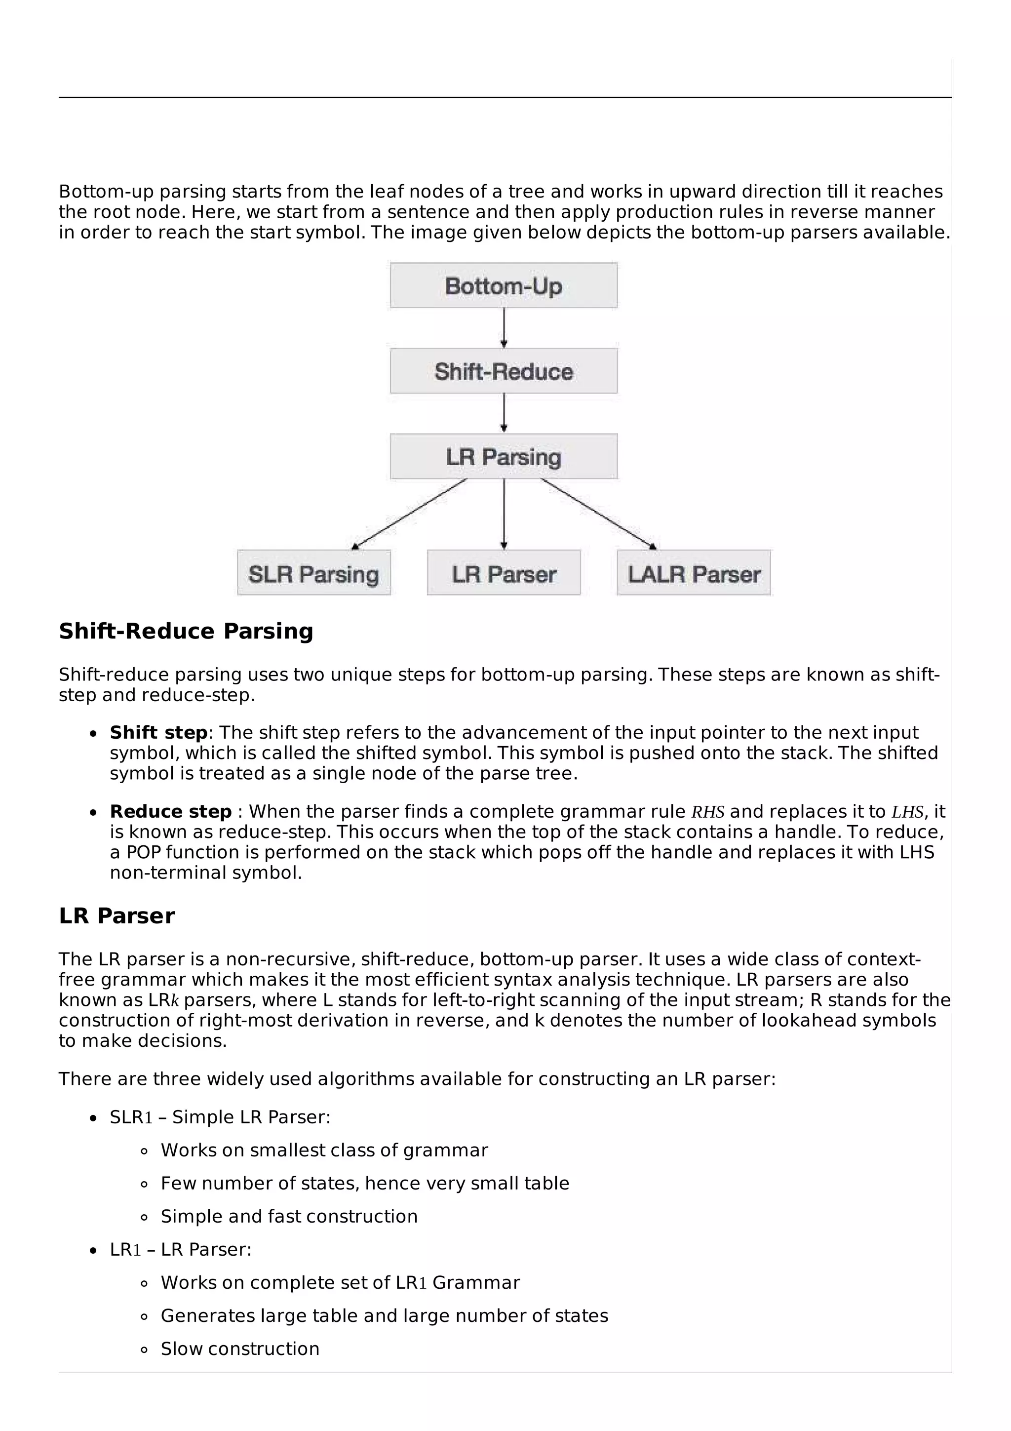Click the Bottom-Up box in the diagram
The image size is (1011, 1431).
(x=504, y=285)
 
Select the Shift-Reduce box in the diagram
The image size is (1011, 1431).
(x=504, y=371)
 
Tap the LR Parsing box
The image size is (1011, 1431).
(x=504, y=456)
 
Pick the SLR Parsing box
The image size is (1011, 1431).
(x=313, y=573)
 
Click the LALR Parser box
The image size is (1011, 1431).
(x=693, y=573)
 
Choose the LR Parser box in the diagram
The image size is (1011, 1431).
(x=504, y=573)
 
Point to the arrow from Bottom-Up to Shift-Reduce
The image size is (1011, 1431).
(x=504, y=328)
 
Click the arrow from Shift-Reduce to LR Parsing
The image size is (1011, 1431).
(x=504, y=413)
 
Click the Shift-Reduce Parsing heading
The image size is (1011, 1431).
(x=186, y=632)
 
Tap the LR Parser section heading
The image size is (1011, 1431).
(x=117, y=916)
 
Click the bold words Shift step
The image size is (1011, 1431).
(x=158, y=732)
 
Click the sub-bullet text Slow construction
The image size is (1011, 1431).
(x=240, y=1349)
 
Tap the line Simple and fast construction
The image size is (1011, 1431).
(x=289, y=1216)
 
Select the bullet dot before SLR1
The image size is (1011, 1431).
(x=93, y=1118)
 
